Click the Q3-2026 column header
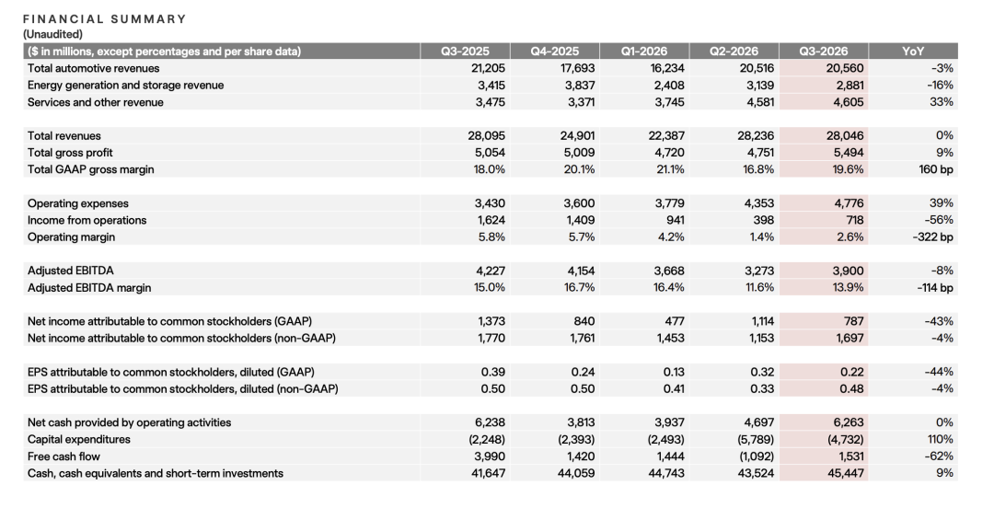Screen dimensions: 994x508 point(824,52)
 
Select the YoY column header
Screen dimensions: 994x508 point(913,52)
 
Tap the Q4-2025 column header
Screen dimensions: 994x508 point(555,52)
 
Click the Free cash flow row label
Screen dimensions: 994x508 point(64,456)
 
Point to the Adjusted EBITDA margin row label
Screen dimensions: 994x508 point(89,288)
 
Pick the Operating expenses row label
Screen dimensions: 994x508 point(78,203)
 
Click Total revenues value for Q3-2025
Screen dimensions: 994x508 point(490,135)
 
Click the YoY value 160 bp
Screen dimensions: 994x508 point(936,169)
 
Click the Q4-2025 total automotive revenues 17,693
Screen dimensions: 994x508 point(580,68)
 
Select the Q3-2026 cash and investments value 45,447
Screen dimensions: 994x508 point(847,473)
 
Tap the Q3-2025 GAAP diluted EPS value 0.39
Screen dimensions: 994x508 point(493,373)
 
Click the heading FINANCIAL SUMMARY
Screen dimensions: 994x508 point(105,19)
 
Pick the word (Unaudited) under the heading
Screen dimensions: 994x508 point(52,34)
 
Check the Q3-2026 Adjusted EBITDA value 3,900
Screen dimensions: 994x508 point(848,271)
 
